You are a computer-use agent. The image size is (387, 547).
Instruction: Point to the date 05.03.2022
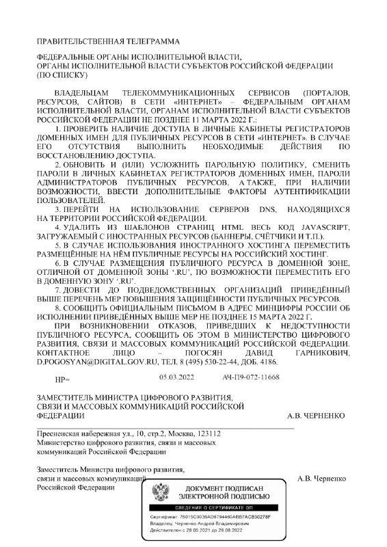(x=158, y=377)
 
